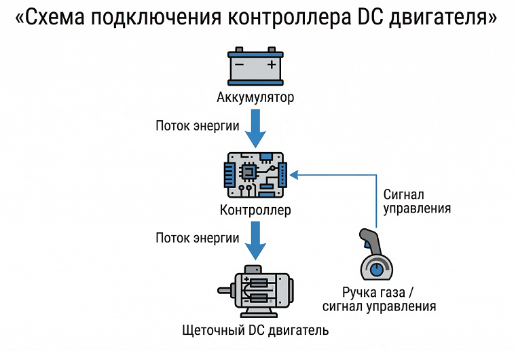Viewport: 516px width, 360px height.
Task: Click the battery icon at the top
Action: [255, 65]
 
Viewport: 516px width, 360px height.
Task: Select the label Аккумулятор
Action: [255, 98]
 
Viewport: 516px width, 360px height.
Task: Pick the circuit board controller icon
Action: [255, 175]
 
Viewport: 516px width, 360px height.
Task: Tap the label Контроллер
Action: [255, 210]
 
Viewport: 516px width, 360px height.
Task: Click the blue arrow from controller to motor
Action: [255, 240]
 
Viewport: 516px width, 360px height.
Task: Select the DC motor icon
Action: [255, 291]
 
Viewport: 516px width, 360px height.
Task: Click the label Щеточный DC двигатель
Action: [255, 331]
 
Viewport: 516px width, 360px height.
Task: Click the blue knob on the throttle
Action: [375, 270]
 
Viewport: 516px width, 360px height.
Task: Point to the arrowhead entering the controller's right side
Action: [293, 175]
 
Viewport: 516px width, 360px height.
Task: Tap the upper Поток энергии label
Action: [197, 126]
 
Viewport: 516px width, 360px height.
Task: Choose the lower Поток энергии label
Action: [197, 238]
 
